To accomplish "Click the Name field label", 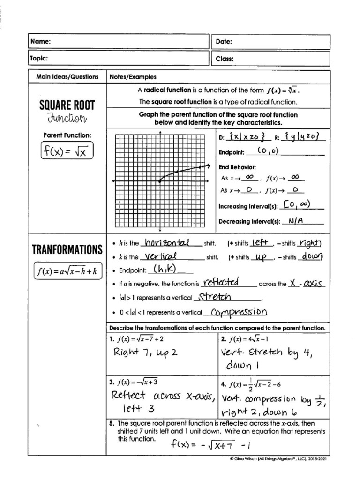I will (40, 42).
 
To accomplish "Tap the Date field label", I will (224, 42).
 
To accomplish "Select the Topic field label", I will (40, 59).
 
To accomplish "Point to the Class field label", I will (225, 59).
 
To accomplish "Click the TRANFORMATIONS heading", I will (67, 249).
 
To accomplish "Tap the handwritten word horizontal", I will (167, 242).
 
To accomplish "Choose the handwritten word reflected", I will (220, 282).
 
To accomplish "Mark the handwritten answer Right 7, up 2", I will (146, 352).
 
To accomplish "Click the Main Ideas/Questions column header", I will (67, 77).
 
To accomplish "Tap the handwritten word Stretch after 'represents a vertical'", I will (214, 297).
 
